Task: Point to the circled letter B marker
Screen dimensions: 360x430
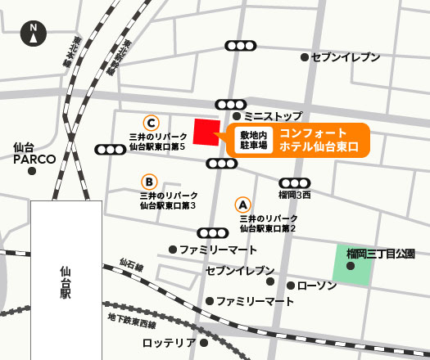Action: [149, 182]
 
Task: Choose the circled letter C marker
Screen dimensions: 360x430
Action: [150, 121]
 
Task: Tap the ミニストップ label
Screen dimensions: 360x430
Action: [273, 117]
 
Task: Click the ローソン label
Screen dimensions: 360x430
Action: [316, 286]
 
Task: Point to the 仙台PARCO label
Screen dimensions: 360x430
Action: [34, 153]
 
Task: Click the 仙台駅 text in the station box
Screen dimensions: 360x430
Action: [66, 282]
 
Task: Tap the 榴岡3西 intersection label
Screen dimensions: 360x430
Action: [295, 196]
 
